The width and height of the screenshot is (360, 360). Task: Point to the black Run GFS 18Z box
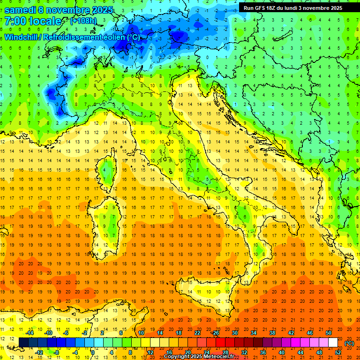pos(292,7)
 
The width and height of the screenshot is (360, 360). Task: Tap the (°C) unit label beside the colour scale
pos(349,343)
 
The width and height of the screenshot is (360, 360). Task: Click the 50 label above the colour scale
pos(329,332)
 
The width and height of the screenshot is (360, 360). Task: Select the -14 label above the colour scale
pos(30,332)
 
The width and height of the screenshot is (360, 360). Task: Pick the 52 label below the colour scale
pos(338,352)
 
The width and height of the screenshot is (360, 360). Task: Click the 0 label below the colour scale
pos(93,352)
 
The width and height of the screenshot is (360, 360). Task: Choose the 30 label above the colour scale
pos(234,332)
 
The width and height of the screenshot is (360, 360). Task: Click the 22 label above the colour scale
pos(197,332)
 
